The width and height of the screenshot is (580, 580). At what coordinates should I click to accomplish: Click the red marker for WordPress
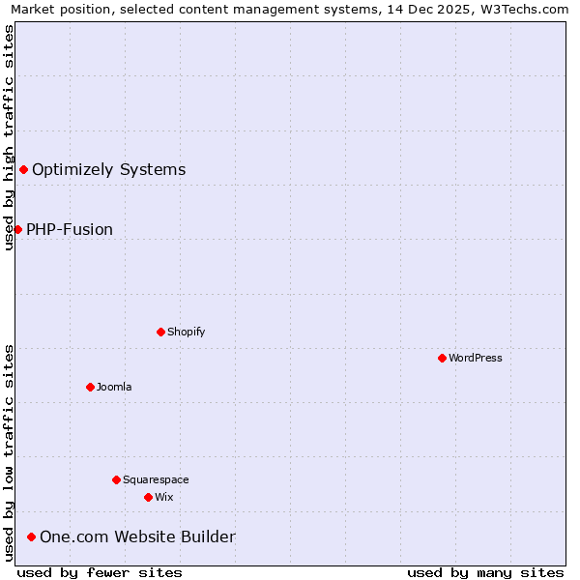pos(442,358)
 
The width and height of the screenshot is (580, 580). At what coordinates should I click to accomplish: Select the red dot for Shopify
pos(160,332)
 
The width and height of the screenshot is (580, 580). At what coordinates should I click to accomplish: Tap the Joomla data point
pos(90,387)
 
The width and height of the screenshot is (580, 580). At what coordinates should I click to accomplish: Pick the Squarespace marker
pos(116,479)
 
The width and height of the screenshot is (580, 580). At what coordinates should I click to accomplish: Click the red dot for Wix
pos(148,497)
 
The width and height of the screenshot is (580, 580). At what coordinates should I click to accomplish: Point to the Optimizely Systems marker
pos(23,170)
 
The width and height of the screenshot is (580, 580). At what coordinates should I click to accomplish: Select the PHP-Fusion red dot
pos(17,229)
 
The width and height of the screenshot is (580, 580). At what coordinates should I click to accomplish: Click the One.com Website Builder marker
pos(31,536)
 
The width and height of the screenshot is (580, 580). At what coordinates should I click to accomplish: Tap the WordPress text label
pos(476,358)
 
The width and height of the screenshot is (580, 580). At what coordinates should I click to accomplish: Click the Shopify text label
pos(187,332)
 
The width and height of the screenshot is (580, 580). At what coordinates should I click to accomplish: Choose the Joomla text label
pos(114,387)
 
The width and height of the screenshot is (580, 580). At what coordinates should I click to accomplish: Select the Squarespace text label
pos(156,479)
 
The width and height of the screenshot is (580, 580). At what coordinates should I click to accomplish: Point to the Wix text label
pos(164,497)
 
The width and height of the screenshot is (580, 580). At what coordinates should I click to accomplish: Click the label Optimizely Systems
pos(108,170)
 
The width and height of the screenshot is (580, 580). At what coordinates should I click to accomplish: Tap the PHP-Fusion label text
pos(70,229)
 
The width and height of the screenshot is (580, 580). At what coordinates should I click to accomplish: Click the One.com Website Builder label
pos(137,536)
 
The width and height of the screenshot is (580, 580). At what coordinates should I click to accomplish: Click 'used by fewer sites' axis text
pos(100,572)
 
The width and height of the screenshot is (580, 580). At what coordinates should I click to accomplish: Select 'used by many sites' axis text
pos(485,572)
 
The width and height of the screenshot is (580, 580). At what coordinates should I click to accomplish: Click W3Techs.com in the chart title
pos(526,9)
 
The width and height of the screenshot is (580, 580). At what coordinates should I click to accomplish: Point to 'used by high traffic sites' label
pos(9,136)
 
